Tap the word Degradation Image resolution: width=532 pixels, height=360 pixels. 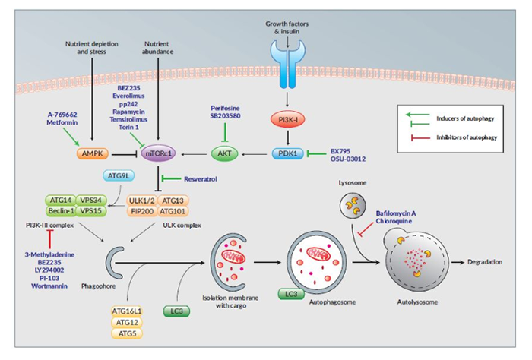483,262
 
